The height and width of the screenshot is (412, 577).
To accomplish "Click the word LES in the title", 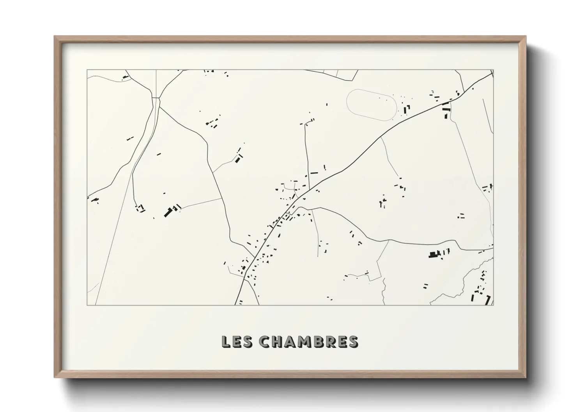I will coord(237,342).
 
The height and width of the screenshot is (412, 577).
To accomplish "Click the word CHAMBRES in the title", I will coord(308,342).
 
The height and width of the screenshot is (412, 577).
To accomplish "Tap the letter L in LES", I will coord(226,342).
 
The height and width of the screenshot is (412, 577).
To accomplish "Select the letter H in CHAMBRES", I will coord(277,342).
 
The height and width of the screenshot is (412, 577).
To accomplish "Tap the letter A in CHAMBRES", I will coord(290,342).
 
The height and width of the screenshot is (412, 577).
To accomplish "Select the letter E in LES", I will coord(237,342).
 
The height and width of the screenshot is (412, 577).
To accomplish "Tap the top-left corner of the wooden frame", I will coord(55,37).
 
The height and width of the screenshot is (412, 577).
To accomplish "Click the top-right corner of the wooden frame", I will coord(526,37).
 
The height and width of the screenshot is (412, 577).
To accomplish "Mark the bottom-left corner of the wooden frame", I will coord(55,377).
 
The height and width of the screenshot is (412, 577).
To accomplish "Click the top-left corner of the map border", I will coord(87,70).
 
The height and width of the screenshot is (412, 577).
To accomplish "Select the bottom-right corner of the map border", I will coord(494,305).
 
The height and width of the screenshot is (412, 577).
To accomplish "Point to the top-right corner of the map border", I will coord(494,70).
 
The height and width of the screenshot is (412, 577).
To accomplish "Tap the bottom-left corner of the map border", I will coord(87,305).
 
